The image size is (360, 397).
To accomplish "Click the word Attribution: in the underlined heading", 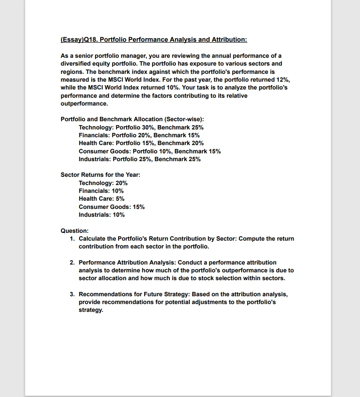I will pos(229,40).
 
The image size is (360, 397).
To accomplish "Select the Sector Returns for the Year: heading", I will pos(100,175).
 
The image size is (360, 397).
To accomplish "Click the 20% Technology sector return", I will pos(122,183).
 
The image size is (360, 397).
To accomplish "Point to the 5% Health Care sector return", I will pos(120,198).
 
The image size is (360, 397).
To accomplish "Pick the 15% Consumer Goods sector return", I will pos(139,207).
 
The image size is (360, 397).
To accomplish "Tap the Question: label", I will pos(75,231).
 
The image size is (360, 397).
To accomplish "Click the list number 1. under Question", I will pos(72,238).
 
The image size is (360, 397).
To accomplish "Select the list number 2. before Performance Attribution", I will pos(72,262).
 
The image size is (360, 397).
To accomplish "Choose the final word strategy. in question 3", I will pos(91,310).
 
